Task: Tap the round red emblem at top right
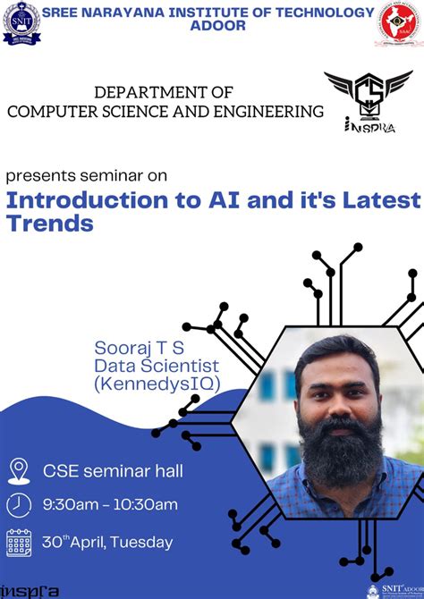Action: [x=399, y=24]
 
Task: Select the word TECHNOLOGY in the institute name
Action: [x=320, y=13]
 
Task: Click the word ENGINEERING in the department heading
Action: [x=272, y=111]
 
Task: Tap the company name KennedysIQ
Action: [x=157, y=384]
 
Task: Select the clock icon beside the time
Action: [x=18, y=505]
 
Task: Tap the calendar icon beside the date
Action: [x=18, y=542]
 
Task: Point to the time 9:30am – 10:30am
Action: [x=110, y=505]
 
